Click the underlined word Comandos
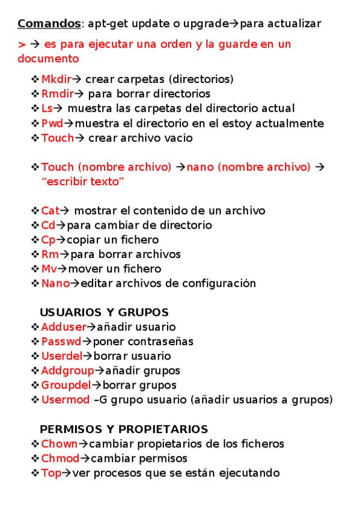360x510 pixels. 49,23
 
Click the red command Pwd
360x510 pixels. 52,123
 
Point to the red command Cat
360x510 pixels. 50,210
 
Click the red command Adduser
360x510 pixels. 64,327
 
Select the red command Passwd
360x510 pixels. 61,342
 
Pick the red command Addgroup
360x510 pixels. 67,370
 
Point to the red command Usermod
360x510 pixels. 65,399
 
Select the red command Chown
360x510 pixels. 59,444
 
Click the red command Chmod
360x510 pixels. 60,458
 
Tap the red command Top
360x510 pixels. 51,473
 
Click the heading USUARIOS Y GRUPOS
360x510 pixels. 104,312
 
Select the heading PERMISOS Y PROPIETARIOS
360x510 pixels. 124,429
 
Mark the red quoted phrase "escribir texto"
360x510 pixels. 83,182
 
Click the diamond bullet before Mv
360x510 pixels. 35,269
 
